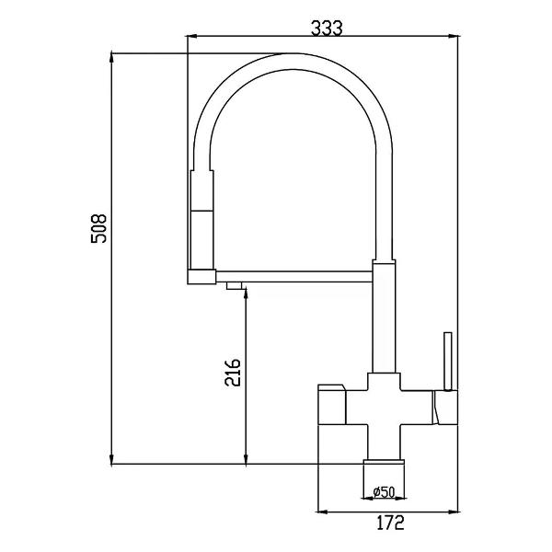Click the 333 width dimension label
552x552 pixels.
327,29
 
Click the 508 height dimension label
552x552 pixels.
99,228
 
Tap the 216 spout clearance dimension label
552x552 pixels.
233,373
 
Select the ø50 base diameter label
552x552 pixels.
384,492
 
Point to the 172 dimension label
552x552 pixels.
391,523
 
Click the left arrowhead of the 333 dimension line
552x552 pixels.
191,36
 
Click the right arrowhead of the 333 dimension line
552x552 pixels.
454,36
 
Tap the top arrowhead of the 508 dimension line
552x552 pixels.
111,58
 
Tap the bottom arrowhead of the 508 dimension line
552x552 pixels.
111,459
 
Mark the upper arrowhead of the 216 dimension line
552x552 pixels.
246,293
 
